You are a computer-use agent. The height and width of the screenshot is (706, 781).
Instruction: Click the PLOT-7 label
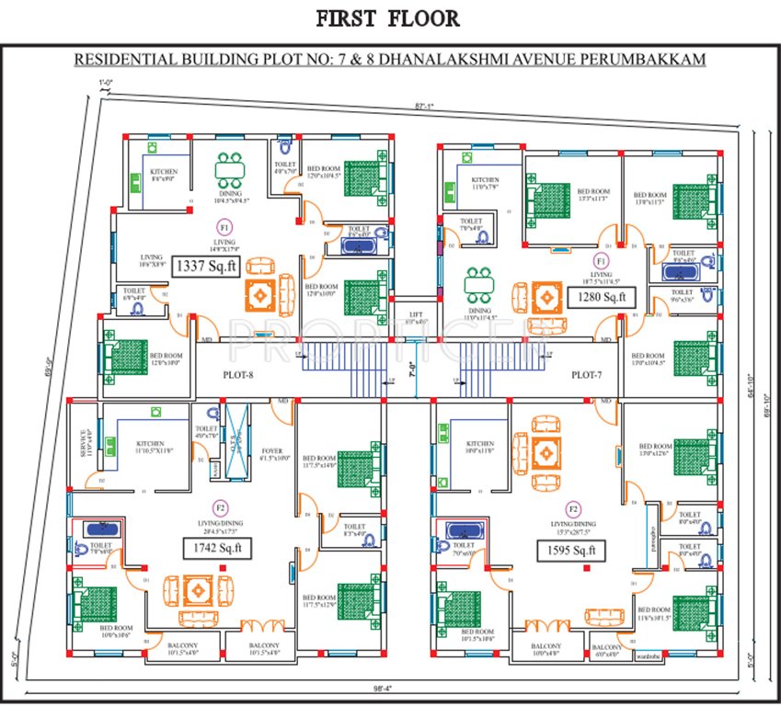tap(587, 375)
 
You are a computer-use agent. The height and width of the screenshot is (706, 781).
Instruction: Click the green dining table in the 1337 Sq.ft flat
tap(229, 170)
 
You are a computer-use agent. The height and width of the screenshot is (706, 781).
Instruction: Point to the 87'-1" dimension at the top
tap(423, 107)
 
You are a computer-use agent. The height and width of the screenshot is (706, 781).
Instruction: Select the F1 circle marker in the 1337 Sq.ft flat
tap(224, 225)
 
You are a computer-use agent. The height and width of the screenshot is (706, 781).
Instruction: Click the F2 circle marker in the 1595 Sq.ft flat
tap(573, 508)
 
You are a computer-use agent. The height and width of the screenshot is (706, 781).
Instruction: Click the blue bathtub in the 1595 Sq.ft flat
tap(465, 530)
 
